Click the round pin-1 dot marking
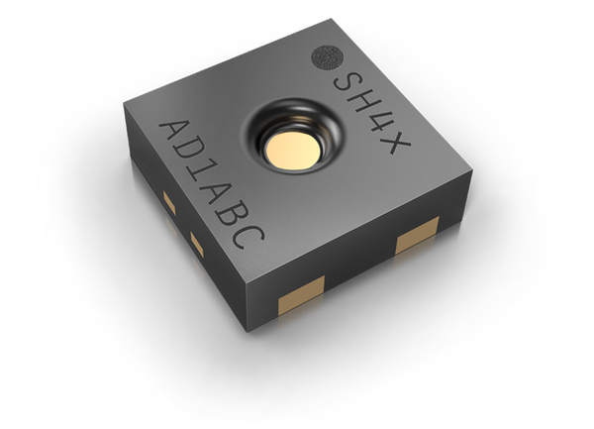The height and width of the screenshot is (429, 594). click(x=326, y=57)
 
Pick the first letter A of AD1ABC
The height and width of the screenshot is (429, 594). click(x=173, y=134)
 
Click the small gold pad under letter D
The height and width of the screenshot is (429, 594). click(x=169, y=204)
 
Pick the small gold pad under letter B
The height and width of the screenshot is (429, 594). click(x=197, y=245)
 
